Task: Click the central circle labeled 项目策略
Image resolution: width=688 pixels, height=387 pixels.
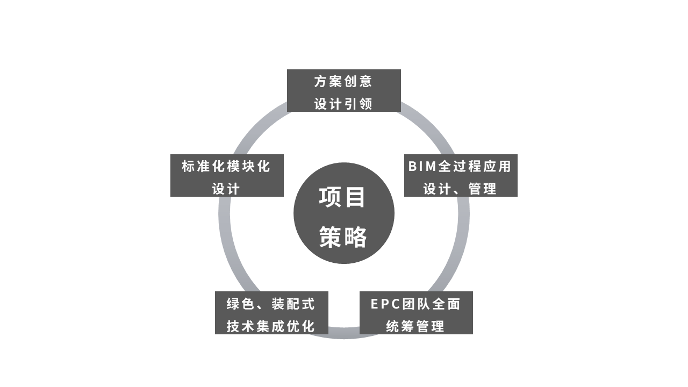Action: tap(344, 213)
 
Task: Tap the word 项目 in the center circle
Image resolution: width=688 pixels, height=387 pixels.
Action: tap(342, 197)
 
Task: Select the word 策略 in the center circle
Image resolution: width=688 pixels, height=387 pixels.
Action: tap(343, 237)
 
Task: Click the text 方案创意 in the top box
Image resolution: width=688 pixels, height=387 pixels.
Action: tap(343, 82)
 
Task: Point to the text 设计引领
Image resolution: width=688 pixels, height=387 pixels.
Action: tap(343, 104)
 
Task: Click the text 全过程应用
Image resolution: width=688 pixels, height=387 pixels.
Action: tap(475, 167)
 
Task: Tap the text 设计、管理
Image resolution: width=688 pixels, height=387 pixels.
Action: tap(460, 189)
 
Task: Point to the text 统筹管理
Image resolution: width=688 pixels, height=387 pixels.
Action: tap(415, 326)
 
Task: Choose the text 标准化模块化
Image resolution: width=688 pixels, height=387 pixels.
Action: tap(226, 167)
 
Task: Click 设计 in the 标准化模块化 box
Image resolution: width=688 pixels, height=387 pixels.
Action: tap(226, 189)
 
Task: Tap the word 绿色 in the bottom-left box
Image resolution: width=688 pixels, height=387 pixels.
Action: tap(240, 304)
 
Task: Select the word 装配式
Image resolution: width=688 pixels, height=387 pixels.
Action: tap(293, 304)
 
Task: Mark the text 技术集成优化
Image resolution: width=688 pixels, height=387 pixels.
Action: tap(270, 326)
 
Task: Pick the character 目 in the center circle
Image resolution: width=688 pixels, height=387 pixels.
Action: tap(355, 197)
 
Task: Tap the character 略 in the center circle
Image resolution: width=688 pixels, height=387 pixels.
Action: tap(355, 237)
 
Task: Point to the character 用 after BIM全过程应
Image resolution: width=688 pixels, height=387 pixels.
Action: tap(504, 167)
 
